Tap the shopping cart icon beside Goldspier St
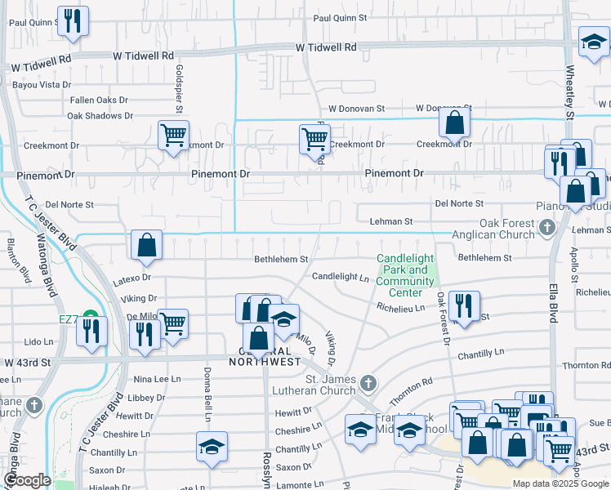click(x=173, y=136)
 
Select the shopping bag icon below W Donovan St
click(x=454, y=123)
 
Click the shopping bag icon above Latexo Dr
click(x=145, y=245)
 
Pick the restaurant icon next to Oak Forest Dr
click(x=464, y=306)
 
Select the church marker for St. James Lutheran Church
click(x=369, y=383)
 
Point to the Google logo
click(x=27, y=480)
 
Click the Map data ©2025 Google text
click(x=560, y=483)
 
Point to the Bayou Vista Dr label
click(x=45, y=84)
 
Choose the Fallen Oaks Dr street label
click(x=99, y=100)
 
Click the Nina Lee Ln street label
click(x=156, y=379)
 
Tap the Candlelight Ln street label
click(x=340, y=277)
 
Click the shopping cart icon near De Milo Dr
click(x=173, y=323)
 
